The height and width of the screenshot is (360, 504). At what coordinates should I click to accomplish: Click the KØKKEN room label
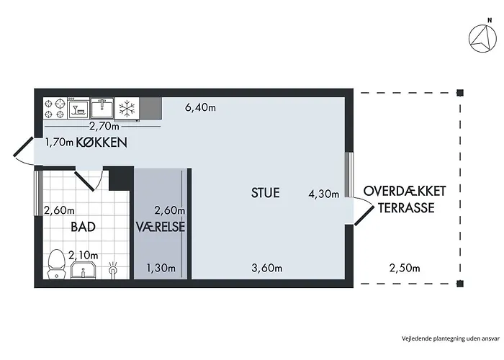tap(102, 142)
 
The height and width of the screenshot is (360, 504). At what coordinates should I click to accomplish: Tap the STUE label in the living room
tap(265, 192)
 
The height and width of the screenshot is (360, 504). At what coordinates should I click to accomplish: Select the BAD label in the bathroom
tap(84, 227)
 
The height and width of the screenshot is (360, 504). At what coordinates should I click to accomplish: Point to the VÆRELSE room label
tap(161, 227)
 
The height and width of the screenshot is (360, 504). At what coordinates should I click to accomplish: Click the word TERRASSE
tap(406, 207)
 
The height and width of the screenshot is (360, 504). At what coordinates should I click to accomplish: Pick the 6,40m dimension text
tap(200, 107)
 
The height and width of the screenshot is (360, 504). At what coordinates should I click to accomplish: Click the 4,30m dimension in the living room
tap(324, 194)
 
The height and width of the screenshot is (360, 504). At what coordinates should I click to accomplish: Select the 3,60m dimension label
tap(267, 268)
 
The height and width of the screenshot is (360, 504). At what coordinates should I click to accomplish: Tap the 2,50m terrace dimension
tap(405, 268)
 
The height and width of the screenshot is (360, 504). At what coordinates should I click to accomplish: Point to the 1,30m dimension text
tap(161, 268)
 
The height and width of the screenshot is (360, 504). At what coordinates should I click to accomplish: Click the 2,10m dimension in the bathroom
tap(84, 255)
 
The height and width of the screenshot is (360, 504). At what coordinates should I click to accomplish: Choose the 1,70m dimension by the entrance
tap(59, 142)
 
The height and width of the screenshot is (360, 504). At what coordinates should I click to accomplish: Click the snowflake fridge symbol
tap(127, 108)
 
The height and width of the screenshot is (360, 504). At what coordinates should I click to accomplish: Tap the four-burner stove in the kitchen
tap(55, 108)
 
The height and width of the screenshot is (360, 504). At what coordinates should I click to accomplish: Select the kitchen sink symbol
tap(102, 108)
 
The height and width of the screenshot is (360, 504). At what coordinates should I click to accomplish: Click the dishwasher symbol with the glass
tap(78, 108)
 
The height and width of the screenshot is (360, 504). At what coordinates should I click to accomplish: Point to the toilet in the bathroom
tap(57, 264)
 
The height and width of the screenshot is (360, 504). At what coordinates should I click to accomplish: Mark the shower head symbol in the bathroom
tap(113, 269)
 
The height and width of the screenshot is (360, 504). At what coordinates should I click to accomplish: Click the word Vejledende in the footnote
tap(412, 338)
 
